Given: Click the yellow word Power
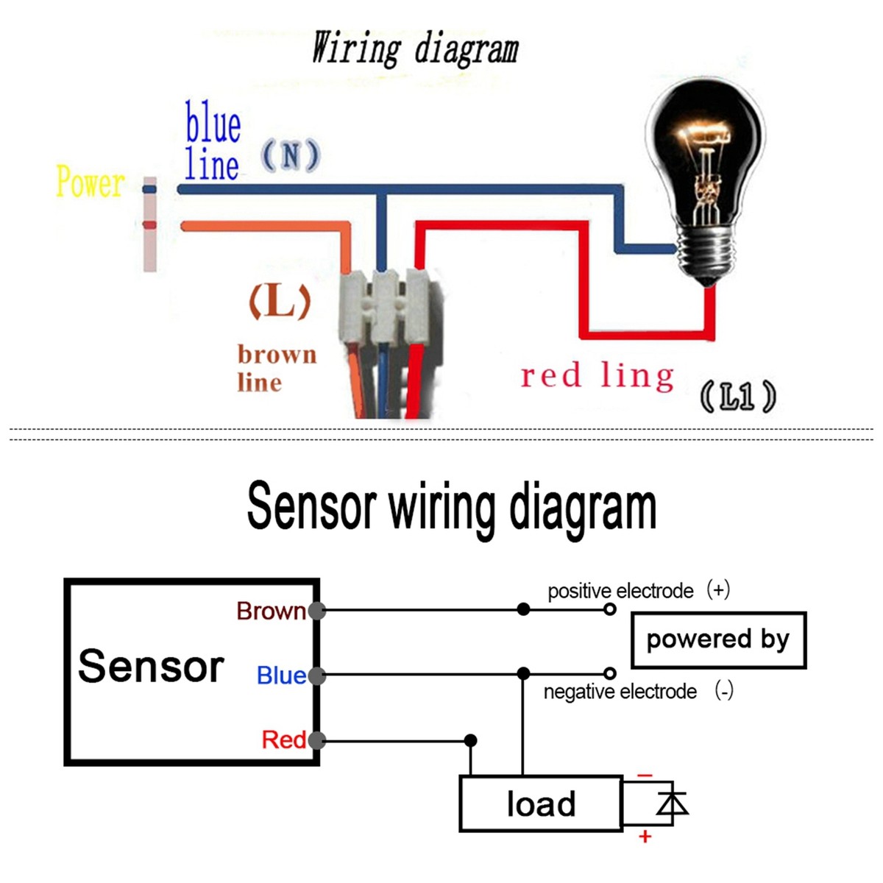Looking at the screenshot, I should [x=90, y=182].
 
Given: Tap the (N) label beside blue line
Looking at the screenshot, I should [x=291, y=156].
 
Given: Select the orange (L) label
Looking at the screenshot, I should [x=280, y=302].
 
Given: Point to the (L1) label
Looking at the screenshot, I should [x=737, y=397].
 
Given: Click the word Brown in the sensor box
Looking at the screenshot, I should [x=270, y=611].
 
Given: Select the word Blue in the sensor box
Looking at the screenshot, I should [x=280, y=675].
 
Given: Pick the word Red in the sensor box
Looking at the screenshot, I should [x=283, y=740].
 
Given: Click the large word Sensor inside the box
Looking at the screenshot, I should [x=151, y=667].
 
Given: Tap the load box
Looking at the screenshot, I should [x=541, y=804].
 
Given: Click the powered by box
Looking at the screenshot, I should [x=718, y=639].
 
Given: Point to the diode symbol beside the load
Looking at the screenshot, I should [x=671, y=803].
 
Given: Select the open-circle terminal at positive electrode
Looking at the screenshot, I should [x=609, y=609].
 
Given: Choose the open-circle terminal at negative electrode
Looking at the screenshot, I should [x=609, y=673].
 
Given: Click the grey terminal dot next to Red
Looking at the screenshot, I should [x=317, y=740].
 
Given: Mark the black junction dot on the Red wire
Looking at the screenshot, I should [x=471, y=740].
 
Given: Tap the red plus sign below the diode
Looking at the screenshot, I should [x=645, y=837].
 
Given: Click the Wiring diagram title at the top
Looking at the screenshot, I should [x=415, y=49].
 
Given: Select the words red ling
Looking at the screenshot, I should [x=597, y=376].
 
